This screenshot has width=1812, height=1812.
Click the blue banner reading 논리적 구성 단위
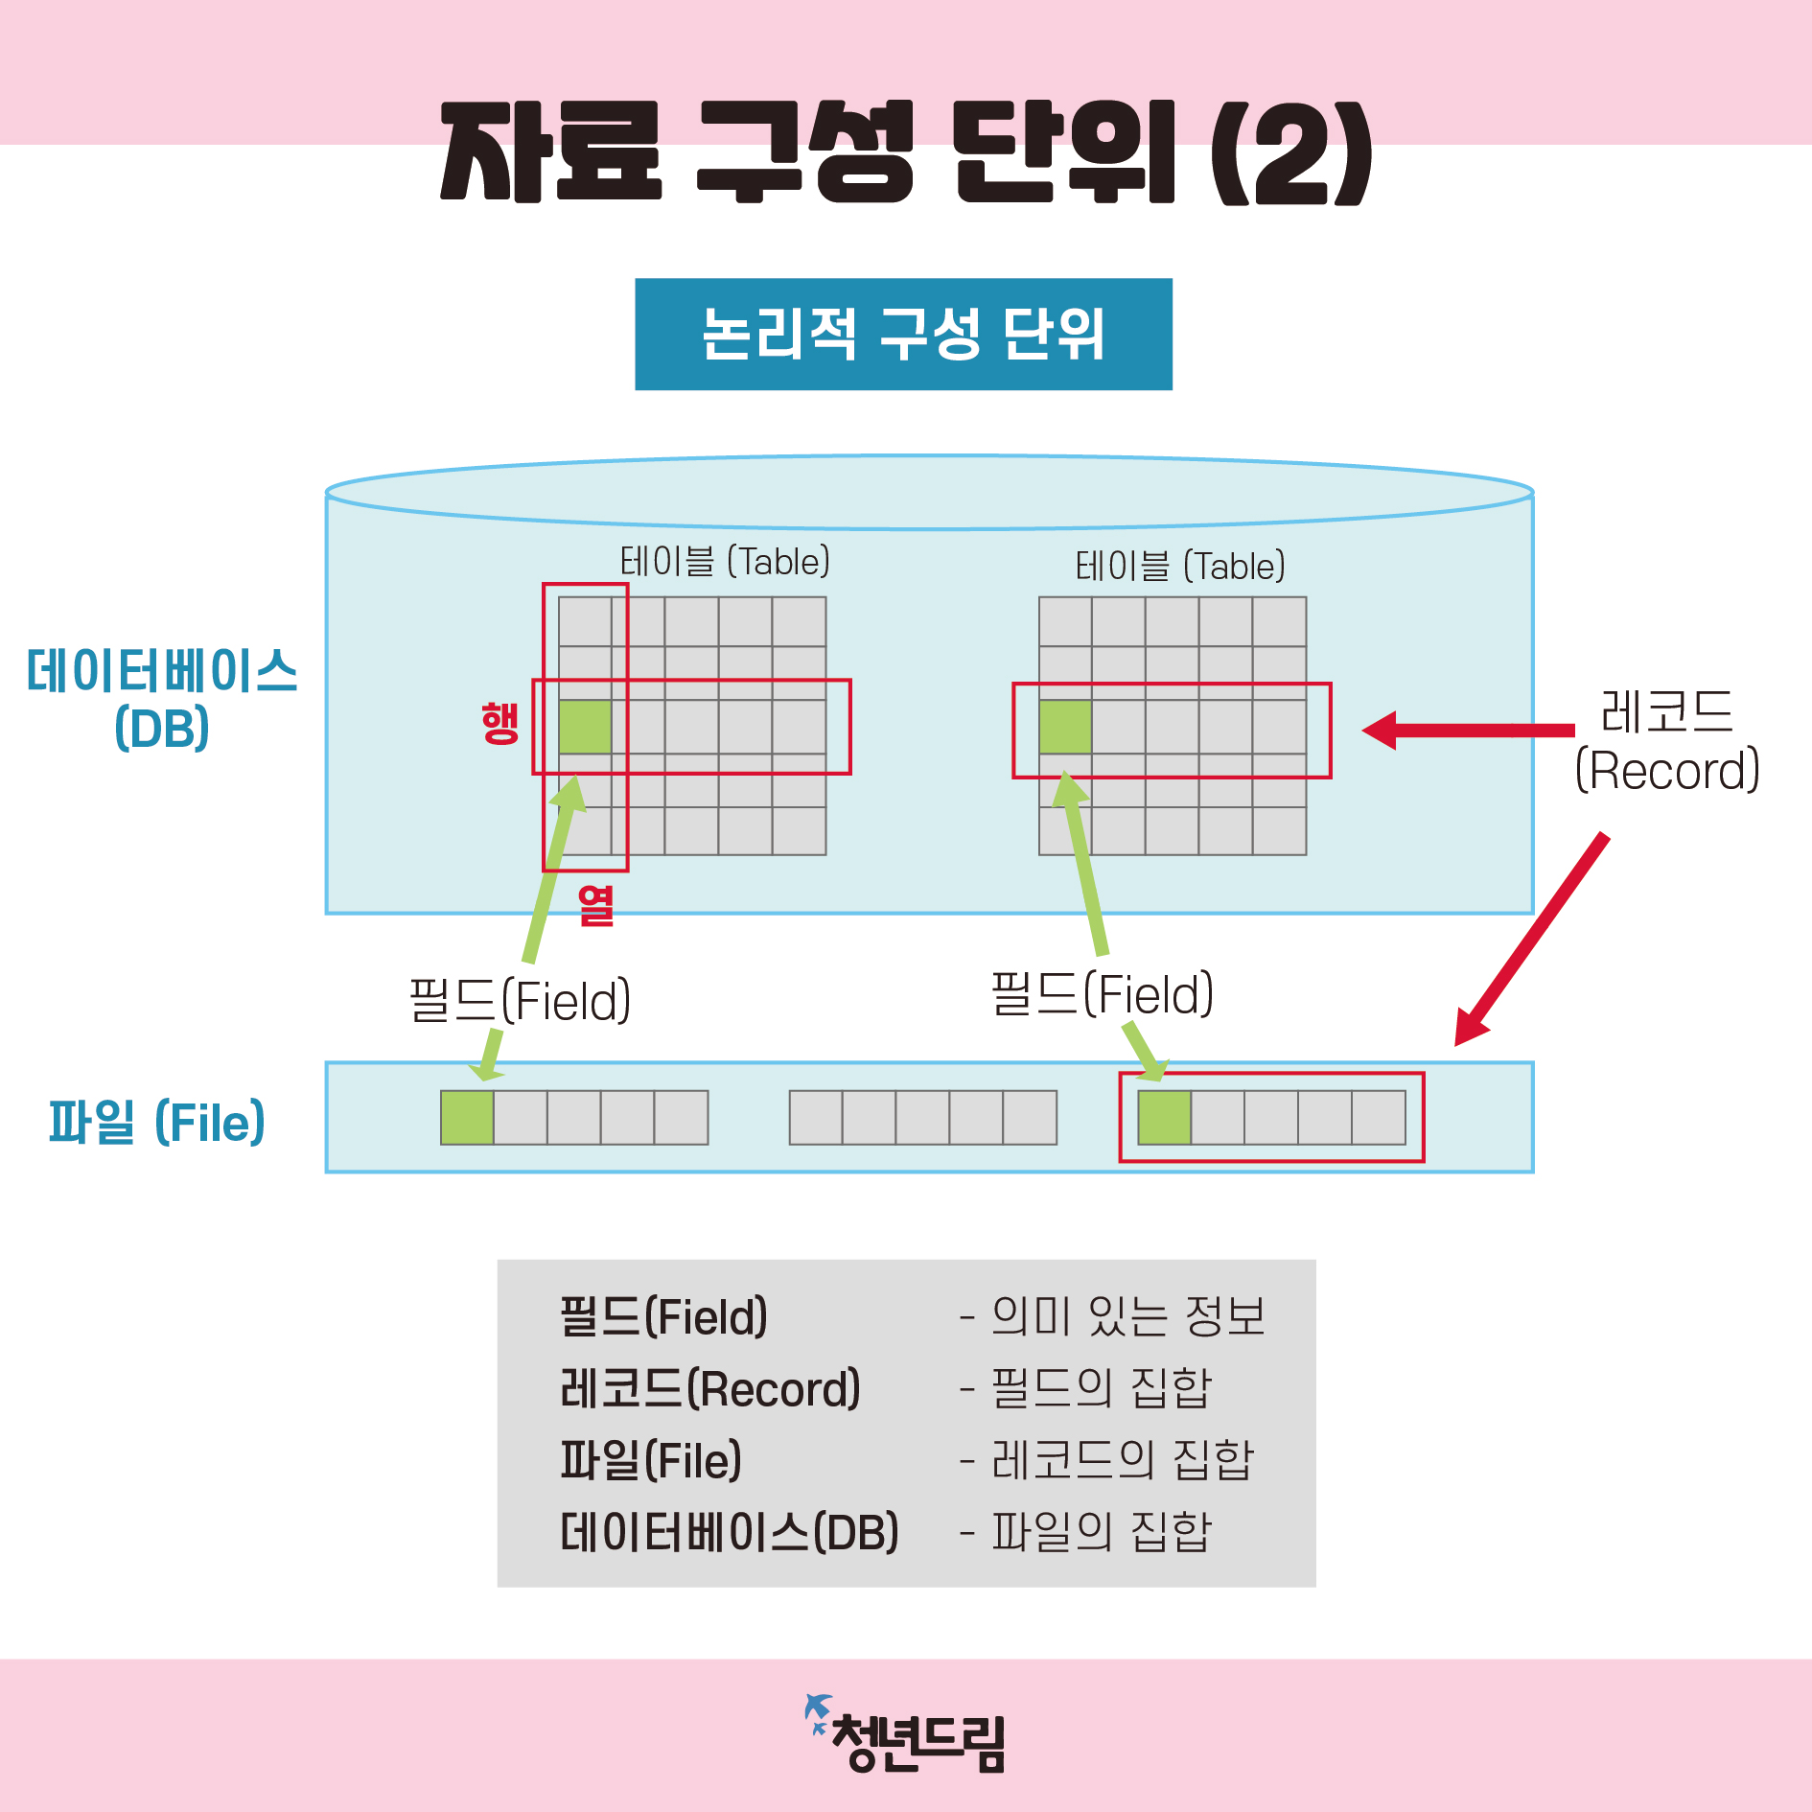click(x=903, y=334)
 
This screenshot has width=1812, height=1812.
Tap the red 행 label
click(x=499, y=723)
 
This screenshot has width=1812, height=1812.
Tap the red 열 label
click(x=595, y=905)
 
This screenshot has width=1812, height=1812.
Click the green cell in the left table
click(x=585, y=727)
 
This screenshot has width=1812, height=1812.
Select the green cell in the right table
click(x=1065, y=727)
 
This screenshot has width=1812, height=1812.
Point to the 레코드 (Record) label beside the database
click(x=1667, y=741)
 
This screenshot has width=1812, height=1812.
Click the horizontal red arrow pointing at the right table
click(x=1467, y=731)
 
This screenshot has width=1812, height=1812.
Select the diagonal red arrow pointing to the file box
click(x=1531, y=940)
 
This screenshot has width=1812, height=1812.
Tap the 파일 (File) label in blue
click(x=157, y=1122)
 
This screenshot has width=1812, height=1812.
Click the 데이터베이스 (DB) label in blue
click(x=162, y=699)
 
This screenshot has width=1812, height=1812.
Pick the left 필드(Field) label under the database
click(x=520, y=1000)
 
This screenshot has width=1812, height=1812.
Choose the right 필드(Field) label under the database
click(x=1102, y=993)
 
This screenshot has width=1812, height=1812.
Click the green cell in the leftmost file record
click(x=467, y=1118)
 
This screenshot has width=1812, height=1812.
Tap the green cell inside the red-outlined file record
click(x=1164, y=1118)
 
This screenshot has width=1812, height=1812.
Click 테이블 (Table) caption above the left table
click(x=725, y=562)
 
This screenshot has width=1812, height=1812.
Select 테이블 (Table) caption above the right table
click(x=1180, y=567)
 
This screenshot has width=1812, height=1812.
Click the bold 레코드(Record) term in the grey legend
click(x=709, y=1389)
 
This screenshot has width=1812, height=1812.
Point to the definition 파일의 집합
click(x=1102, y=1531)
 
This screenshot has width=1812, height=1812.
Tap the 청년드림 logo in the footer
click(x=906, y=1736)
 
